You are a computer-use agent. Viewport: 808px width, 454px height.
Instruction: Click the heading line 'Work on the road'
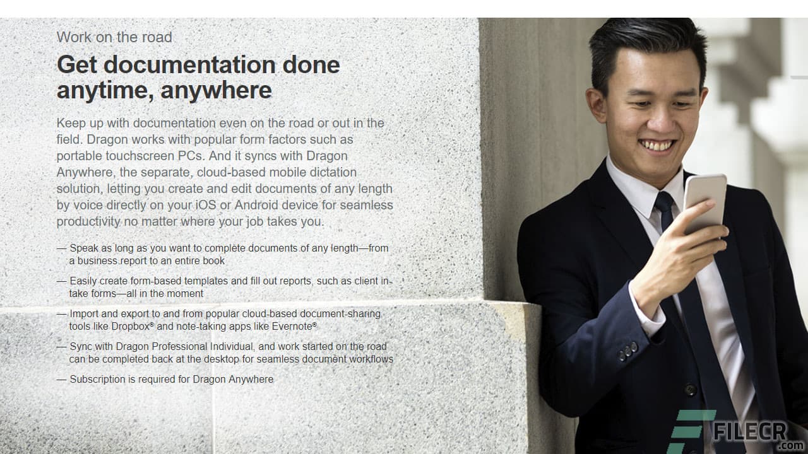(x=114, y=37)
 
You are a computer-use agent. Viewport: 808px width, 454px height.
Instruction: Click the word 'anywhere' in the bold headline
(x=217, y=90)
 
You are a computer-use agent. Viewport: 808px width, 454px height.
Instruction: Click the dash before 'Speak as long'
(x=61, y=248)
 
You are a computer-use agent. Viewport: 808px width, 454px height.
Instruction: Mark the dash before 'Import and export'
(x=61, y=313)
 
